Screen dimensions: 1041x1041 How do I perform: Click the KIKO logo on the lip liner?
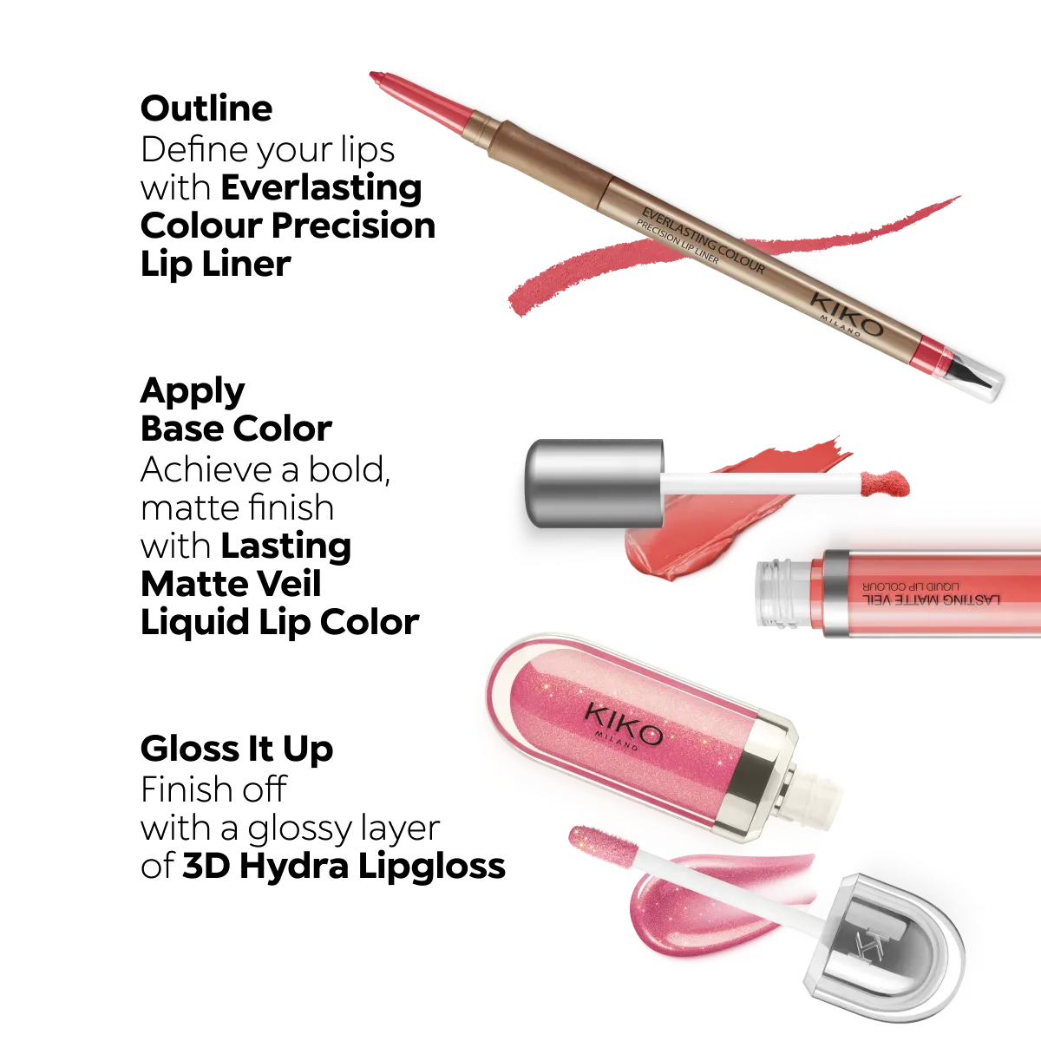tap(847, 313)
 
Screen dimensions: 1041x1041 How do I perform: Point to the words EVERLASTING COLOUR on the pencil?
tap(703, 239)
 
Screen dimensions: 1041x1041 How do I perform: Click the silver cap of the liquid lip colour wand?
tap(594, 482)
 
